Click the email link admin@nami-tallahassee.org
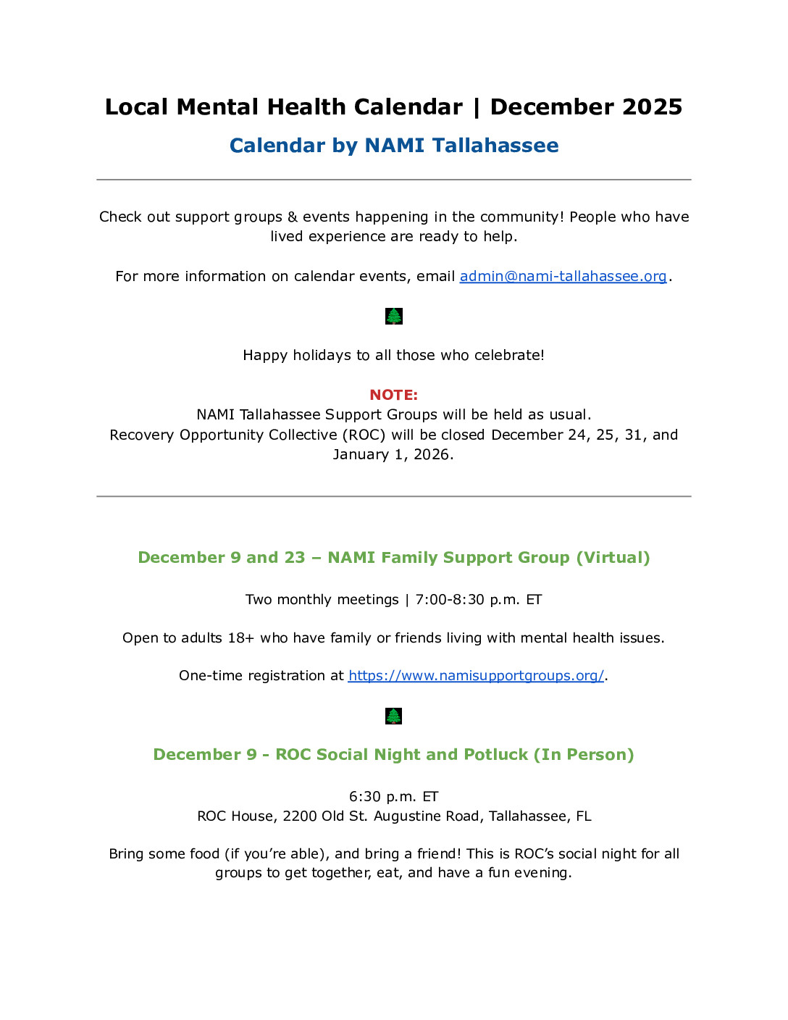click(x=563, y=276)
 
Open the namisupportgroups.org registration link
click(x=476, y=676)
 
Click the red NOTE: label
click(x=393, y=395)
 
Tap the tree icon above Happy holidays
click(x=393, y=316)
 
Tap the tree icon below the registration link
click(x=393, y=716)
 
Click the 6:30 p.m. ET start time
click(x=393, y=797)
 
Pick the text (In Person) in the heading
click(x=584, y=755)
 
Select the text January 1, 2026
click(x=393, y=455)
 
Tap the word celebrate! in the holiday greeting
click(x=508, y=356)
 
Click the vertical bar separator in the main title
click(x=476, y=107)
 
